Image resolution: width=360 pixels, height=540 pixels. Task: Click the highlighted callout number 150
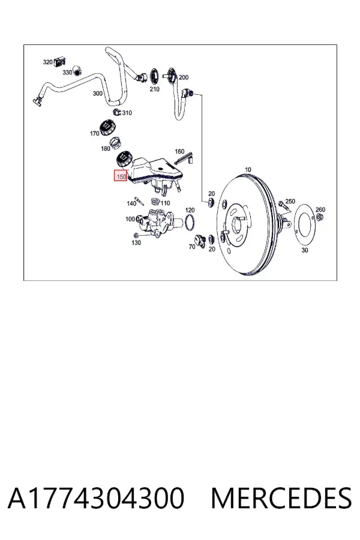(x=121, y=176)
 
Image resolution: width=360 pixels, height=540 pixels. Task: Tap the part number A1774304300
(x=96, y=498)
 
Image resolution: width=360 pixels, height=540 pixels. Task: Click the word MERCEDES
(x=281, y=498)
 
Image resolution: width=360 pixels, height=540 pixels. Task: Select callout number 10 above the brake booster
(x=248, y=169)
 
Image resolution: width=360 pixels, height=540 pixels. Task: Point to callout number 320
(x=47, y=62)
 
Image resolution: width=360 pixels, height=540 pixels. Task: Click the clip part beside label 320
(x=59, y=62)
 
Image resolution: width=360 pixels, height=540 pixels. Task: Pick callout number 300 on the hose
(x=97, y=94)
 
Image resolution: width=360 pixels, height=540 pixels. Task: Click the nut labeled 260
(x=319, y=217)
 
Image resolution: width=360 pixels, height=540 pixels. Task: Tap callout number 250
(x=290, y=201)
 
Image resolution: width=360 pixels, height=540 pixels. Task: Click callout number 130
(x=136, y=242)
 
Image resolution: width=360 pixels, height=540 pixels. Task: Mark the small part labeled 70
(x=200, y=240)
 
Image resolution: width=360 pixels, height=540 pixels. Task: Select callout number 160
(x=179, y=151)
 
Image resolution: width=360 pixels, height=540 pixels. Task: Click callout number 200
(x=184, y=77)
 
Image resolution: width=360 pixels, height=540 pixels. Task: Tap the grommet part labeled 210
(x=154, y=76)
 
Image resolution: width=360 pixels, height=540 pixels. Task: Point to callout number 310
(x=127, y=113)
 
